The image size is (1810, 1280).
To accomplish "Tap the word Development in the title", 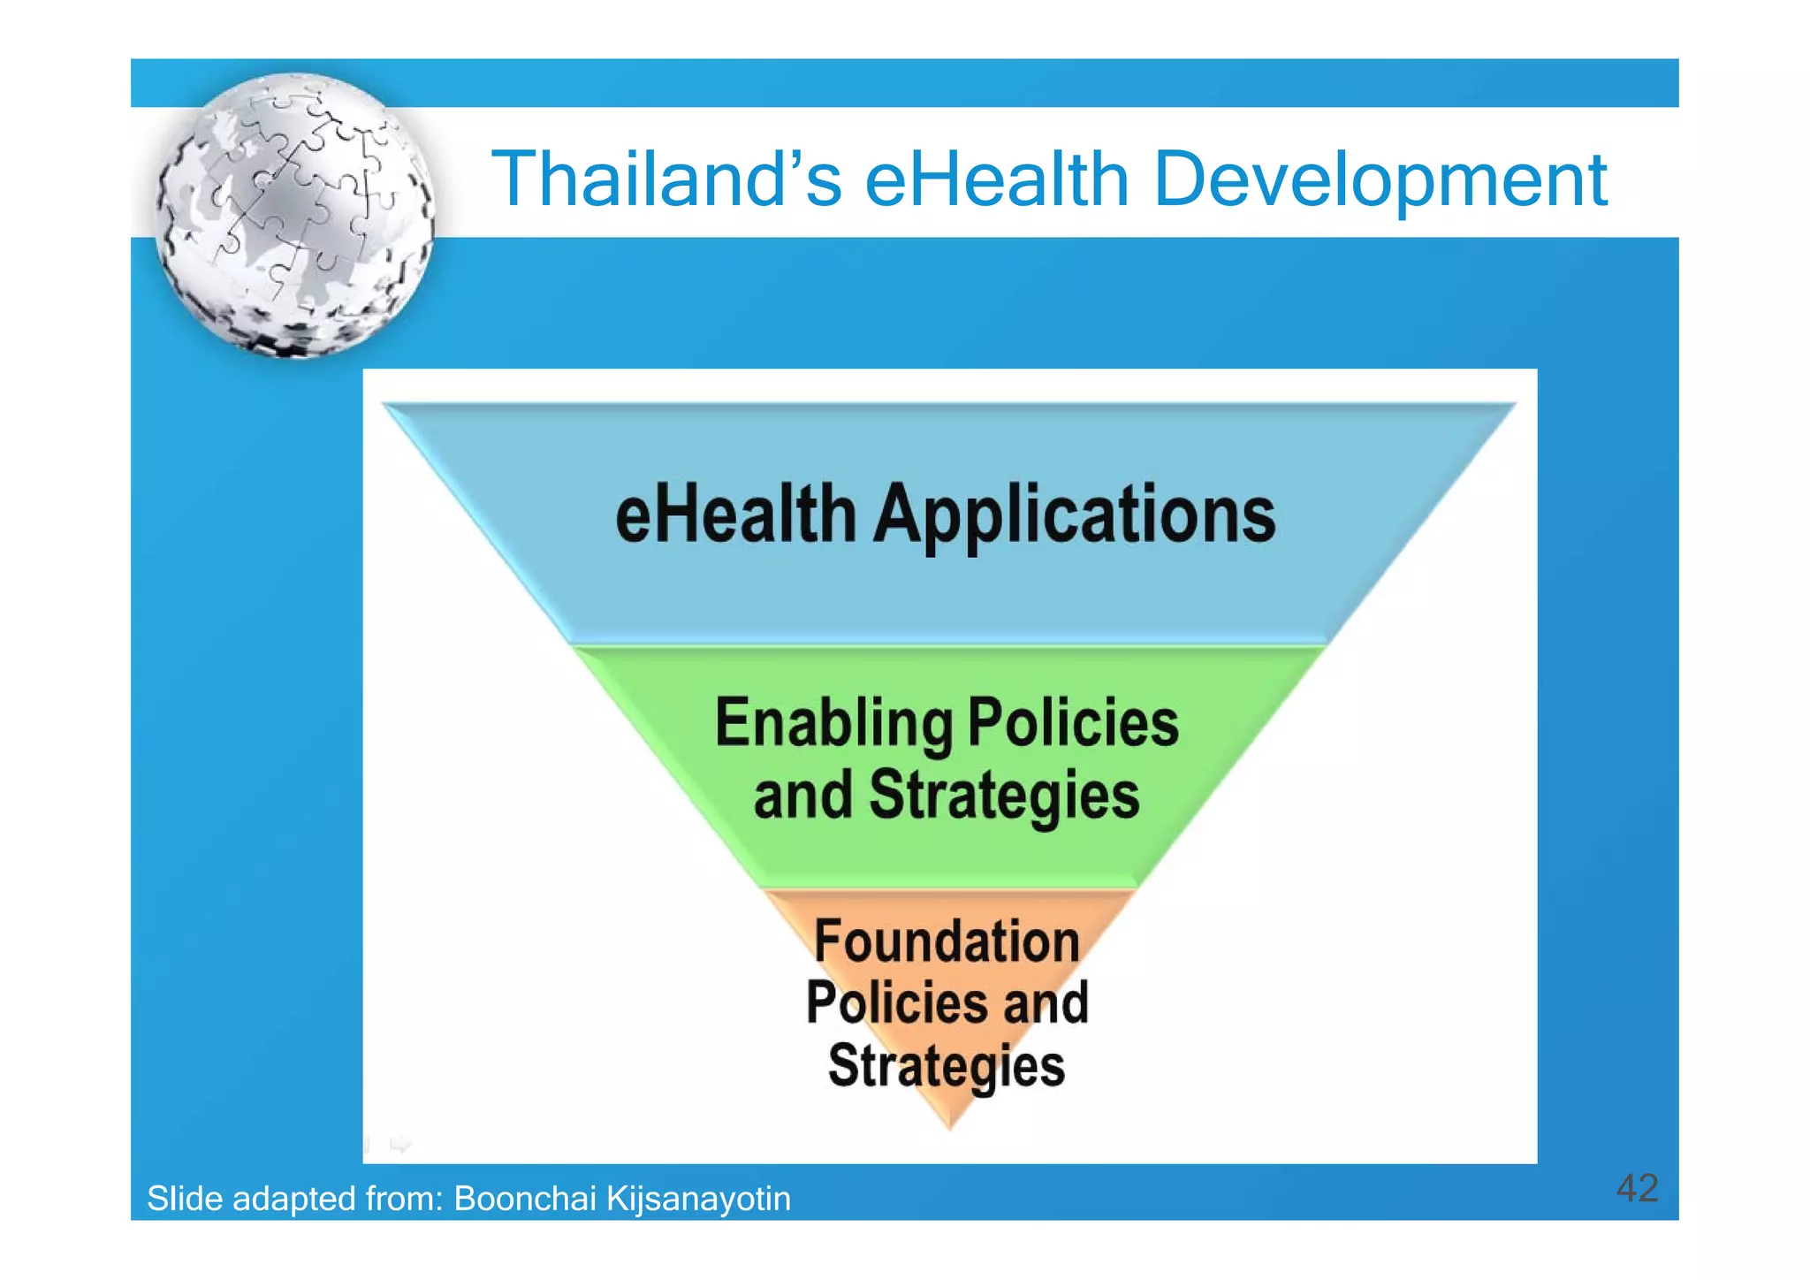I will tap(1380, 181).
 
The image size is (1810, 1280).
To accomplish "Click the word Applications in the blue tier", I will tap(1075, 516).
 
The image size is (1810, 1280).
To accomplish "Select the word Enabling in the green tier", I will tap(834, 724).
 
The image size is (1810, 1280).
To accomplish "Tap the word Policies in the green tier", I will tap(1073, 722).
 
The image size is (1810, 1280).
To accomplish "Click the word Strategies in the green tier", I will tap(1004, 796).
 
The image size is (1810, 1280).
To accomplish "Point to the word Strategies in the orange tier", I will tap(947, 1066).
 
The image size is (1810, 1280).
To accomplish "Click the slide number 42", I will tap(1637, 1188).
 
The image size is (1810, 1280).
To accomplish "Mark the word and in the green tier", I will tap(802, 796).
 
